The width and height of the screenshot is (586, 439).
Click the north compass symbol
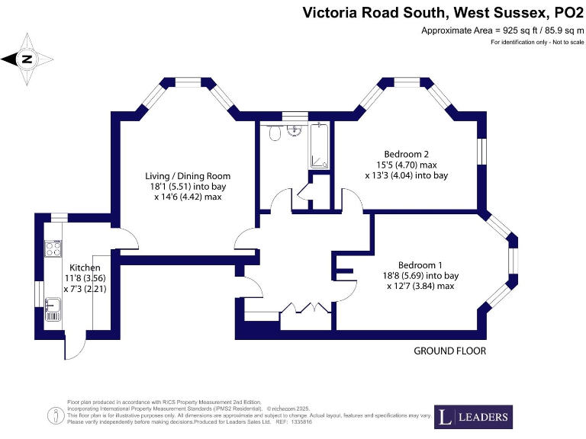(x=27, y=59)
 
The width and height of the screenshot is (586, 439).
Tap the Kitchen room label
(x=85, y=268)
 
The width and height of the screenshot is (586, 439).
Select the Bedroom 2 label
(x=406, y=153)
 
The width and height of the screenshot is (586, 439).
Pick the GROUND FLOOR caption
(x=449, y=351)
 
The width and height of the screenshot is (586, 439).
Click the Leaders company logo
(x=473, y=417)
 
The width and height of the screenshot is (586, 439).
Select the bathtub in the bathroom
(x=319, y=146)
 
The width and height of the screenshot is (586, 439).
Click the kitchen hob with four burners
(x=53, y=248)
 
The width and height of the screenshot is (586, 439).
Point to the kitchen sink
(x=52, y=309)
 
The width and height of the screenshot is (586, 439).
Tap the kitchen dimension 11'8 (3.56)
(x=85, y=279)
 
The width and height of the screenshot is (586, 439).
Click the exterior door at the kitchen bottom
(x=75, y=347)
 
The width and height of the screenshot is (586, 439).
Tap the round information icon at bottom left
(x=56, y=415)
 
